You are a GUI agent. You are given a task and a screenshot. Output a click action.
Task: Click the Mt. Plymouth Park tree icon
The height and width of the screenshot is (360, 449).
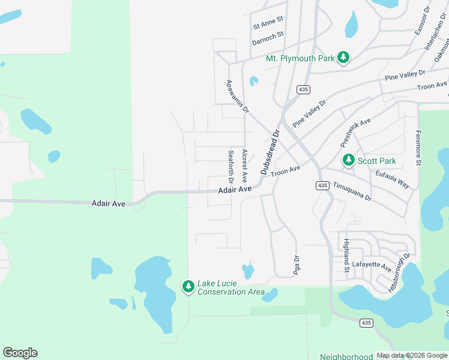coord(343,58)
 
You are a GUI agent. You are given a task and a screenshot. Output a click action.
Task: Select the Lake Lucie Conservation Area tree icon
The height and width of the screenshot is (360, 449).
coord(188,286)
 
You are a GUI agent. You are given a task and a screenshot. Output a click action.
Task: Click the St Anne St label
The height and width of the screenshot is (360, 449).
coord(268,26)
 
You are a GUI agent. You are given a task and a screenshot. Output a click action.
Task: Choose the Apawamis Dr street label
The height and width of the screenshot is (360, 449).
coord(237,97)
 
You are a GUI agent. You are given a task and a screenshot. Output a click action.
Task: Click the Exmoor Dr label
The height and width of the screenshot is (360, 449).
coord(422,20)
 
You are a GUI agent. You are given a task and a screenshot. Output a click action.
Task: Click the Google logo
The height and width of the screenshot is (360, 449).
coord(20,353)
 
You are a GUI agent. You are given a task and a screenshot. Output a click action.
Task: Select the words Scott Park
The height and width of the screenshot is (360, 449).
coord(377,161)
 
